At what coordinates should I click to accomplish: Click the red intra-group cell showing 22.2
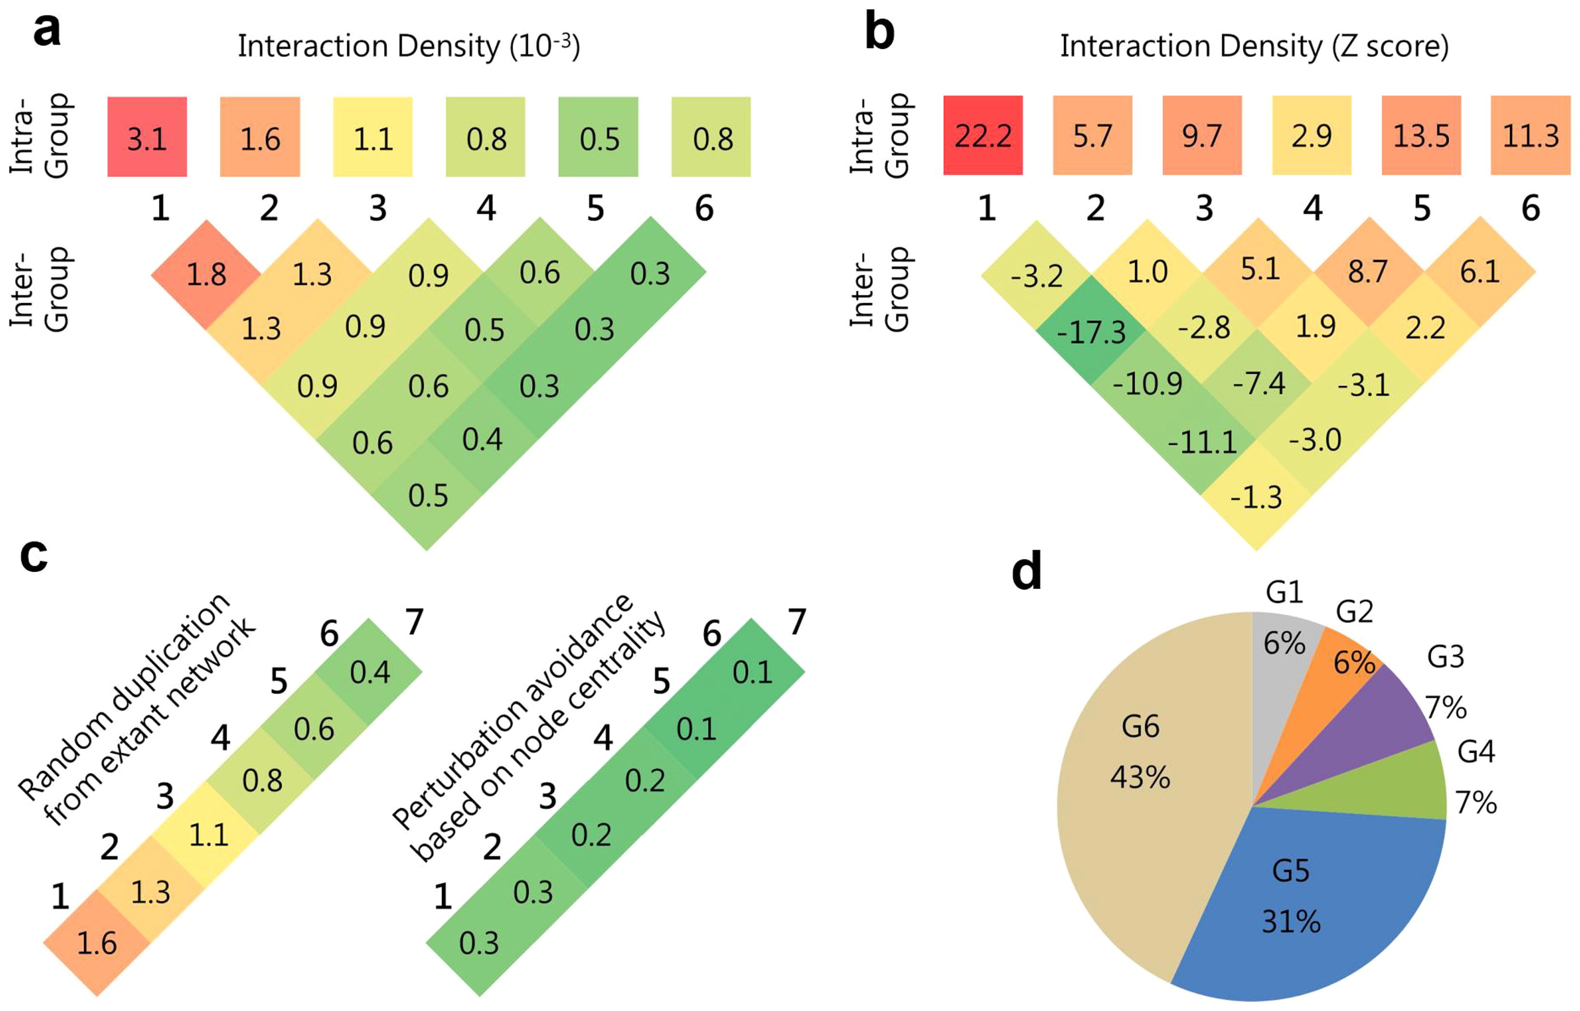982,135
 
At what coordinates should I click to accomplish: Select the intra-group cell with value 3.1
147,137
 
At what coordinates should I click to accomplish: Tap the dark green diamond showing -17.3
1092,331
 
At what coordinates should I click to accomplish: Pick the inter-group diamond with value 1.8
206,274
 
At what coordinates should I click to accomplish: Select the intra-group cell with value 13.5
1421,135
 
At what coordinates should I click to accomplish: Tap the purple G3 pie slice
1392,722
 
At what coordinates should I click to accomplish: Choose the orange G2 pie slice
1339,663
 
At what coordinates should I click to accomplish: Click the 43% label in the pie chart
1140,778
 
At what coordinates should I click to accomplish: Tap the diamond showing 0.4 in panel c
370,672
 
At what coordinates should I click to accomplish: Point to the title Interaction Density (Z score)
1254,46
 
